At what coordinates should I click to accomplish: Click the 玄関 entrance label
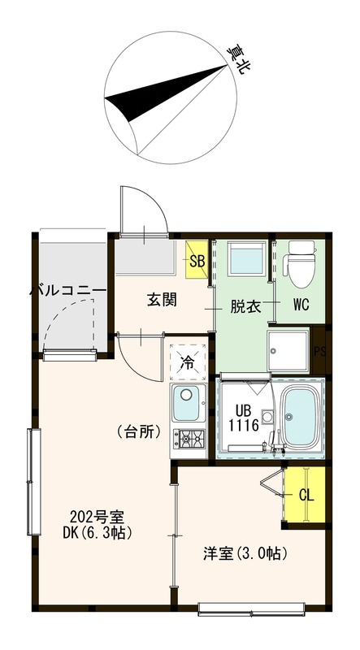pyautogui.click(x=163, y=299)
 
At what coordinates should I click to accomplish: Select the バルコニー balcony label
pyautogui.click(x=68, y=289)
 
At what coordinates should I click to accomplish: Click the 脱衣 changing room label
pyautogui.click(x=245, y=306)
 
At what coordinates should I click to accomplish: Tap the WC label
pyautogui.click(x=300, y=306)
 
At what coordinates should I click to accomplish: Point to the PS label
pyautogui.click(x=320, y=351)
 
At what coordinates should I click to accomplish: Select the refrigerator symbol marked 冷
pyautogui.click(x=188, y=360)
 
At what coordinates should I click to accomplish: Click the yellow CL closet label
pyautogui.click(x=306, y=495)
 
